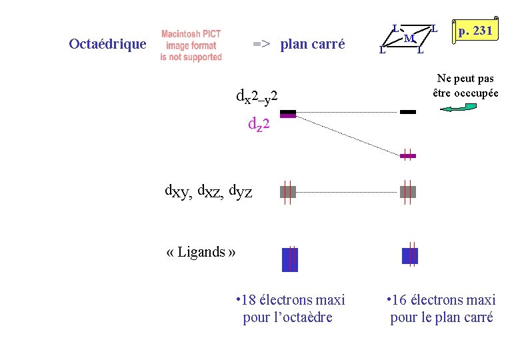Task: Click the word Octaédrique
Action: click(107, 44)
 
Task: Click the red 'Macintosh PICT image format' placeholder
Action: click(191, 45)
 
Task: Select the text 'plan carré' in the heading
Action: click(313, 45)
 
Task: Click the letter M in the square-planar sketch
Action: click(408, 38)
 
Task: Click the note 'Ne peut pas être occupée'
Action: click(465, 86)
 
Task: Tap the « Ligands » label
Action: click(201, 251)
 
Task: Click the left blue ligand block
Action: click(289, 259)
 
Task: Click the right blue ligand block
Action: click(410, 255)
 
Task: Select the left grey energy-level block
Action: click(288, 192)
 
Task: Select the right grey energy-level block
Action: click(408, 192)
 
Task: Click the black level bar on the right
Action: click(408, 112)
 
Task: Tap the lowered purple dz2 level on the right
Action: click(408, 156)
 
